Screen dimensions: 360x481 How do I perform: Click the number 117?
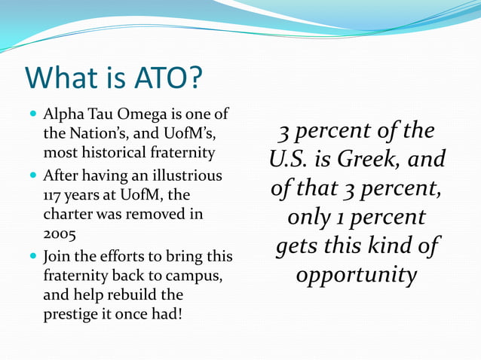click(54, 195)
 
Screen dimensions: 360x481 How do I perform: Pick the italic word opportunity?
click(356, 275)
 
